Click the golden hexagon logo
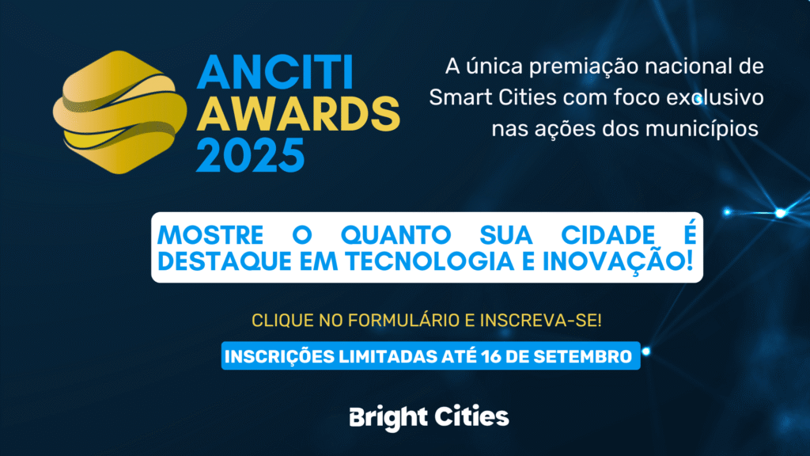[120, 112]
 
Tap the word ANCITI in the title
[275, 73]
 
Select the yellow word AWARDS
[298, 114]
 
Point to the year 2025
[251, 154]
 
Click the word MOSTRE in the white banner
[210, 236]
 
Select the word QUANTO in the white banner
[396, 236]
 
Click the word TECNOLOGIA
[430, 261]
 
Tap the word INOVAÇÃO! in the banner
[618, 260]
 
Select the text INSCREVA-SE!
[541, 321]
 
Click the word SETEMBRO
[583, 357]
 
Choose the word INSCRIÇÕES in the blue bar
[279, 357]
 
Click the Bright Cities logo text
[429, 417]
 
